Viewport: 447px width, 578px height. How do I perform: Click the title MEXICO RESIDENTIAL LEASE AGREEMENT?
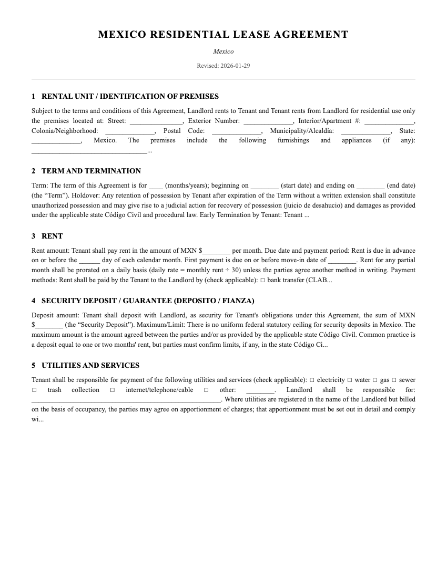pyautogui.click(x=223, y=35)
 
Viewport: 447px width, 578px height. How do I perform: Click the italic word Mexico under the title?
pyautogui.click(x=223, y=51)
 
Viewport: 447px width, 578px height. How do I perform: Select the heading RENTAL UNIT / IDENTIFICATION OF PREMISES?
pyautogui.click(x=130, y=96)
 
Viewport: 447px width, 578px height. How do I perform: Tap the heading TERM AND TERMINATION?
pyautogui.click(x=91, y=171)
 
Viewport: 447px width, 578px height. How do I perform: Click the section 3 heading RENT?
pyautogui.click(x=52, y=236)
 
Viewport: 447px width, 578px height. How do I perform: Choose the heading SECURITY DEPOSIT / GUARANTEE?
pyautogui.click(x=148, y=301)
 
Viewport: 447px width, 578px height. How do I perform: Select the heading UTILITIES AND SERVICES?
pyautogui.click(x=90, y=365)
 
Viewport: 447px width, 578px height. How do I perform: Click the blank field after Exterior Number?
pyautogui.click(x=268, y=121)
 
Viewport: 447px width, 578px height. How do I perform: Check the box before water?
pyautogui.click(x=350, y=380)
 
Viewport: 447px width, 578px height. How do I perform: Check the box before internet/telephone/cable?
pyautogui.click(x=113, y=390)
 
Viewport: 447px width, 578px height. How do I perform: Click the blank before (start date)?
pyautogui.click(x=265, y=186)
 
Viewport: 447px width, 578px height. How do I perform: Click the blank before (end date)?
pyautogui.click(x=370, y=186)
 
